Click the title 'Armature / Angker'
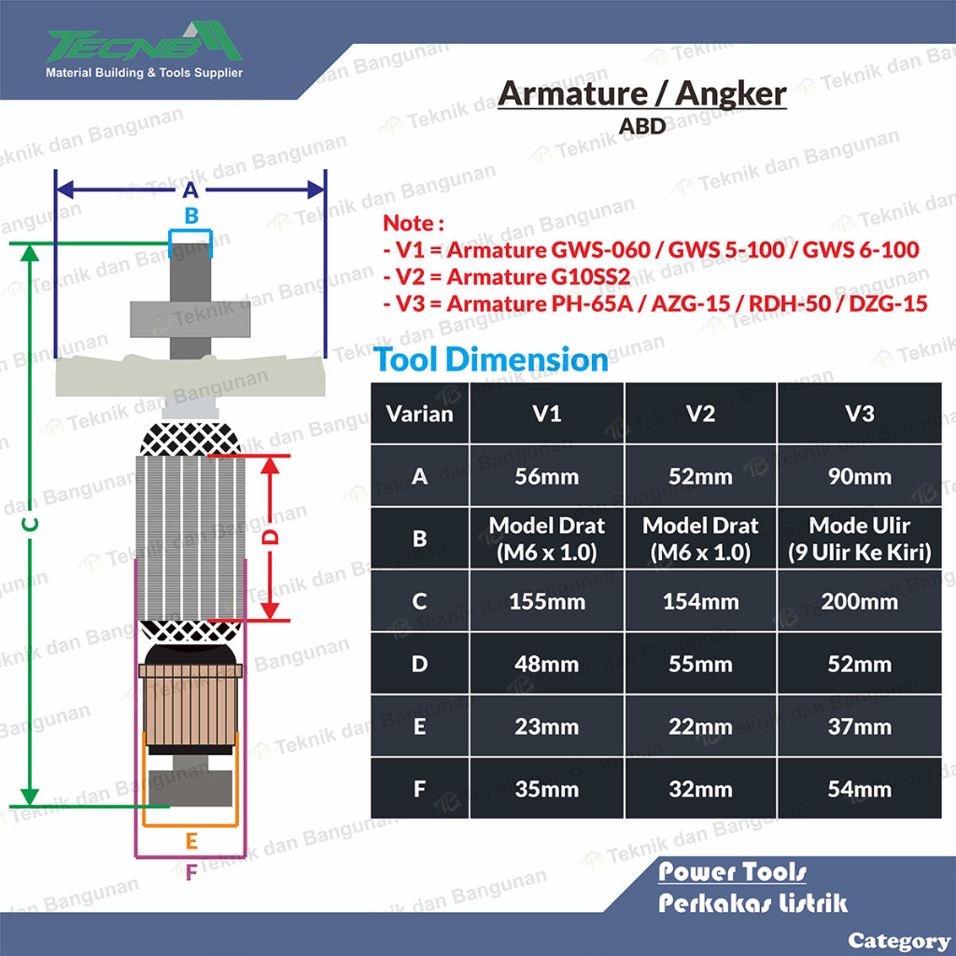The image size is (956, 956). point(642,94)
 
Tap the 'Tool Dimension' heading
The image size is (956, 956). point(491,359)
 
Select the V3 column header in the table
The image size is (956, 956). point(860,414)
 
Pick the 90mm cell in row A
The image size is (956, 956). point(860,476)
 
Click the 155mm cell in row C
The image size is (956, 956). point(547,602)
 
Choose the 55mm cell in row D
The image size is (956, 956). point(700,664)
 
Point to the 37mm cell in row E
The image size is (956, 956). point(860,726)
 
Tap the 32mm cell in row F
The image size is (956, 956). point(700,789)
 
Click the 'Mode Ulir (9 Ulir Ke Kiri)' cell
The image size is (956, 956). point(860,539)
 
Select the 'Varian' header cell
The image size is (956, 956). point(419,414)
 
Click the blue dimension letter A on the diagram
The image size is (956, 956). point(190,190)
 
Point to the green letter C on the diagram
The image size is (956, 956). point(30,525)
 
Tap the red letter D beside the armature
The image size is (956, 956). point(270,537)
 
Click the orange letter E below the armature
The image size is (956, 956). point(191,841)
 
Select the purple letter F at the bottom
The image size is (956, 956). point(191,873)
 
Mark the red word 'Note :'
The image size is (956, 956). point(413,223)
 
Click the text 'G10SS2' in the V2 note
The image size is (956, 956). point(590,276)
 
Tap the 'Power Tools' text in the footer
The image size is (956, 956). point(732,872)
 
